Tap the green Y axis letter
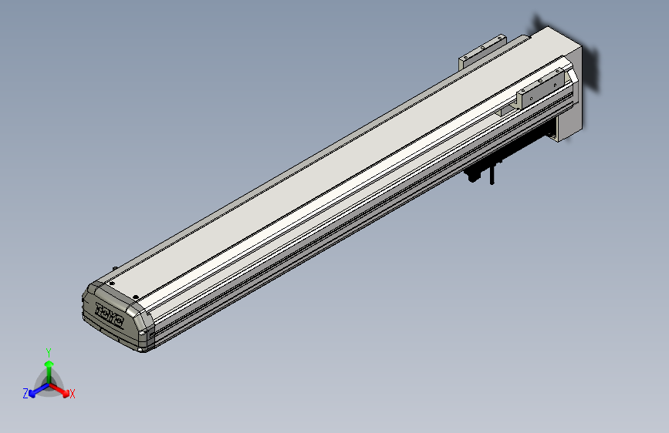(x=48, y=351)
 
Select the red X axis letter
(x=73, y=394)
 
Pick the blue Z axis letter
(x=25, y=394)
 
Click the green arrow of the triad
(x=49, y=365)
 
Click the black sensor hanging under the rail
(x=481, y=171)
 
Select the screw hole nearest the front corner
(x=136, y=297)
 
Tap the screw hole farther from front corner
(x=112, y=284)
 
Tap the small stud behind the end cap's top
(x=117, y=268)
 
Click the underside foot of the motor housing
(x=563, y=137)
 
